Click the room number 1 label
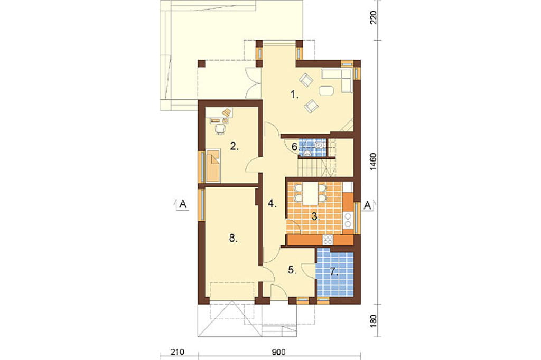pos(294,94)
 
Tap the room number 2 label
pos(234,147)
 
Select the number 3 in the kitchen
pos(315,217)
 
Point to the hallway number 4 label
pos(273,204)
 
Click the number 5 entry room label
pos(292,270)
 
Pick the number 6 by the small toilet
pos(295,147)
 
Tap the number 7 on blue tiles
pos(333,272)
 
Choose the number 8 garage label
pos(233,238)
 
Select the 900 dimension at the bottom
pos(279,352)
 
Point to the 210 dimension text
pos(178,352)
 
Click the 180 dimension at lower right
pos(374,320)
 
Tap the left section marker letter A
pos(183,204)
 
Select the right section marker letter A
pos(368,205)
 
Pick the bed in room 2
pos(213,166)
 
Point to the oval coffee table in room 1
pos(327,91)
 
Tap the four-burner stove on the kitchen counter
pos(328,240)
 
